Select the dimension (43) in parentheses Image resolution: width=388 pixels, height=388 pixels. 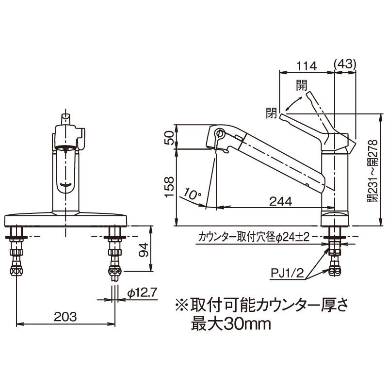[x=346, y=64]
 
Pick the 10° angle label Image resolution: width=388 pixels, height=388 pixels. [x=193, y=194]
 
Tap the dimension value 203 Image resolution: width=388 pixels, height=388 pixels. [x=65, y=317]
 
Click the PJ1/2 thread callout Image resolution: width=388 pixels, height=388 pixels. [x=287, y=275]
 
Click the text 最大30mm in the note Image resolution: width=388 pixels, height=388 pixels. [x=230, y=323]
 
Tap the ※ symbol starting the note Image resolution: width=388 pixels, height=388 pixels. [x=182, y=305]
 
